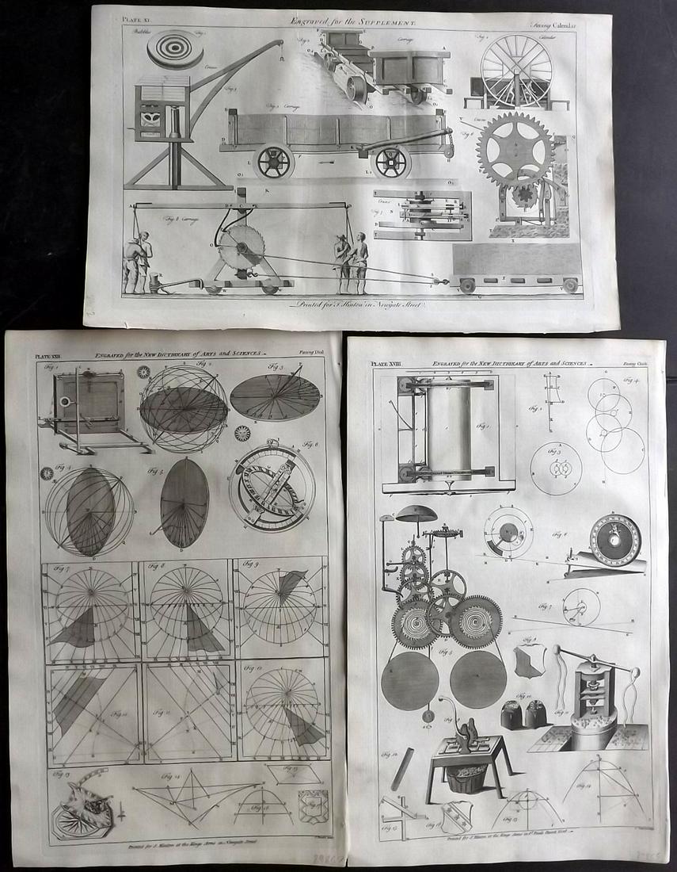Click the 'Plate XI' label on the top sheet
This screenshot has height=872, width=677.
coord(125,16)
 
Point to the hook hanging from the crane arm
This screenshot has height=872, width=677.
coord(280,60)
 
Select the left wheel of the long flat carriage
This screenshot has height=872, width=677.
coord(275,161)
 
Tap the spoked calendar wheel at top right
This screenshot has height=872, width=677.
coord(516,71)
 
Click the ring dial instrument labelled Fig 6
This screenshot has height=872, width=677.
coord(271,485)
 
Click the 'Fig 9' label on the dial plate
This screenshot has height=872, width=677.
coord(252,566)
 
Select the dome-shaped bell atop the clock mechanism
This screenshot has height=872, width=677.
coord(416,514)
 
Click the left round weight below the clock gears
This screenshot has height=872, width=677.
coord(409,679)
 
